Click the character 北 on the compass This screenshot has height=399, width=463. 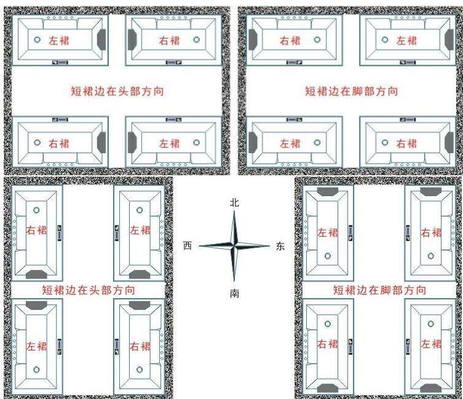click(234, 202)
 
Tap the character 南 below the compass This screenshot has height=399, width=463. click(234, 294)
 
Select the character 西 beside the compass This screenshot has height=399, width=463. click(188, 246)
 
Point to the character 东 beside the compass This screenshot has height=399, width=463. click(280, 247)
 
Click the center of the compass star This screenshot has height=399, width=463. click(234, 247)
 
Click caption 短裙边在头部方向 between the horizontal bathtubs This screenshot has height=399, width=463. click(117, 92)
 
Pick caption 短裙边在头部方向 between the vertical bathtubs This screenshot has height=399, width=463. click(89, 290)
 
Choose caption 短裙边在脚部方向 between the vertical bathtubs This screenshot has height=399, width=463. click(379, 290)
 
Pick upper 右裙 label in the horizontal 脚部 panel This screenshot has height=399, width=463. click(290, 41)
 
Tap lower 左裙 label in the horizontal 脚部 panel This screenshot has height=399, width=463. click(290, 143)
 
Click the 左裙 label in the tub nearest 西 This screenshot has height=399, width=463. click(140, 231)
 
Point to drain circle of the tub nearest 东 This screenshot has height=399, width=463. click(328, 255)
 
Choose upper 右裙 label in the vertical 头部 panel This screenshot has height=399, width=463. click(37, 231)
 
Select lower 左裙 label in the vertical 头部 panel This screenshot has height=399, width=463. click(37, 346)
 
